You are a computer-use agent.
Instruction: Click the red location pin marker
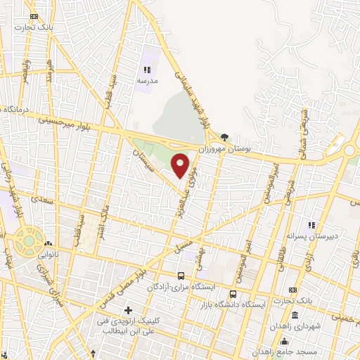(x=181, y=166)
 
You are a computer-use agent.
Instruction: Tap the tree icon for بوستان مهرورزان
(x=224, y=137)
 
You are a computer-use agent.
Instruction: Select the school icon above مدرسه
(x=147, y=70)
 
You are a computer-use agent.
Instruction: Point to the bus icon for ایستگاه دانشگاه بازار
(x=232, y=275)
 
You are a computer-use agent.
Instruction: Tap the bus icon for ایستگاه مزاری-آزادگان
(x=182, y=276)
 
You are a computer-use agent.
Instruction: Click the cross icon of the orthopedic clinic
(x=128, y=310)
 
